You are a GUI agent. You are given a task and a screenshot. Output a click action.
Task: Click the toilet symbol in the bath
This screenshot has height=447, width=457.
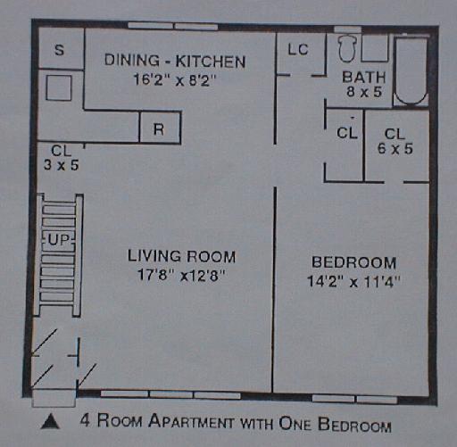pos(347,49)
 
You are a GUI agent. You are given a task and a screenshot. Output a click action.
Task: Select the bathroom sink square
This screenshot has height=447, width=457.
pos(375,48)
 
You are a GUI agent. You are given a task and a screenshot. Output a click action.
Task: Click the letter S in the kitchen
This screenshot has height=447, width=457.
pos(60,50)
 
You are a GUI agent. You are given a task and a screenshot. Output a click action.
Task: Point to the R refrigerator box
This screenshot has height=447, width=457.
pos(160,128)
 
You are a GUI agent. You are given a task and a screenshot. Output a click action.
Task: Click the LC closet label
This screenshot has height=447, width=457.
pos(298,49)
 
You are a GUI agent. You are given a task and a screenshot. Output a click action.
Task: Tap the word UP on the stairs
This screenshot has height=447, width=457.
pos(59,240)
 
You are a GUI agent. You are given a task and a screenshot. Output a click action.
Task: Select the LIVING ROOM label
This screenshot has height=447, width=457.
pos(181,256)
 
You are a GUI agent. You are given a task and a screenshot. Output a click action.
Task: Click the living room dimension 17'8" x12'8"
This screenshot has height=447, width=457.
pos(181,275)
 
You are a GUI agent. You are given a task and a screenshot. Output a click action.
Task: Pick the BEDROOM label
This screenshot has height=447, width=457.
pos(353,262)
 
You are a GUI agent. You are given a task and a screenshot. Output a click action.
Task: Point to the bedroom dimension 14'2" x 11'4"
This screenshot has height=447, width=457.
pos(353,281)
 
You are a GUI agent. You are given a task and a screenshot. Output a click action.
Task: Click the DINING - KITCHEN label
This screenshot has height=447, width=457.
pos(175,61)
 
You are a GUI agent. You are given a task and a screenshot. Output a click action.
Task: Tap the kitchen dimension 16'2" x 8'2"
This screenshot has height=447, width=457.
pos(174,79)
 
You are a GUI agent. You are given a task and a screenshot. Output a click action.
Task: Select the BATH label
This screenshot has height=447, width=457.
pos(364,77)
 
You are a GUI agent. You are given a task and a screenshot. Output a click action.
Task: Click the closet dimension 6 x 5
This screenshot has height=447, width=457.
pos(395,148)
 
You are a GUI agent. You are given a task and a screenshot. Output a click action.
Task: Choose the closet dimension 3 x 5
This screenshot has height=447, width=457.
pos(62,164)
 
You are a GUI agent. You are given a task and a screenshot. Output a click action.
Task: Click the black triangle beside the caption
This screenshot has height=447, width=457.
pos(50,421)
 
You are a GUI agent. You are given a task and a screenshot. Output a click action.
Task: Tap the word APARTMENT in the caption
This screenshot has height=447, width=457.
pos(192,422)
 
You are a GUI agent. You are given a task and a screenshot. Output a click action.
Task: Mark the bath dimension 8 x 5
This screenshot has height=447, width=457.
pos(364,92)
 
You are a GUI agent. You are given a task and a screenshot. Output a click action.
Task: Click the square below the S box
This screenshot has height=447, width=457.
pos(59,87)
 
